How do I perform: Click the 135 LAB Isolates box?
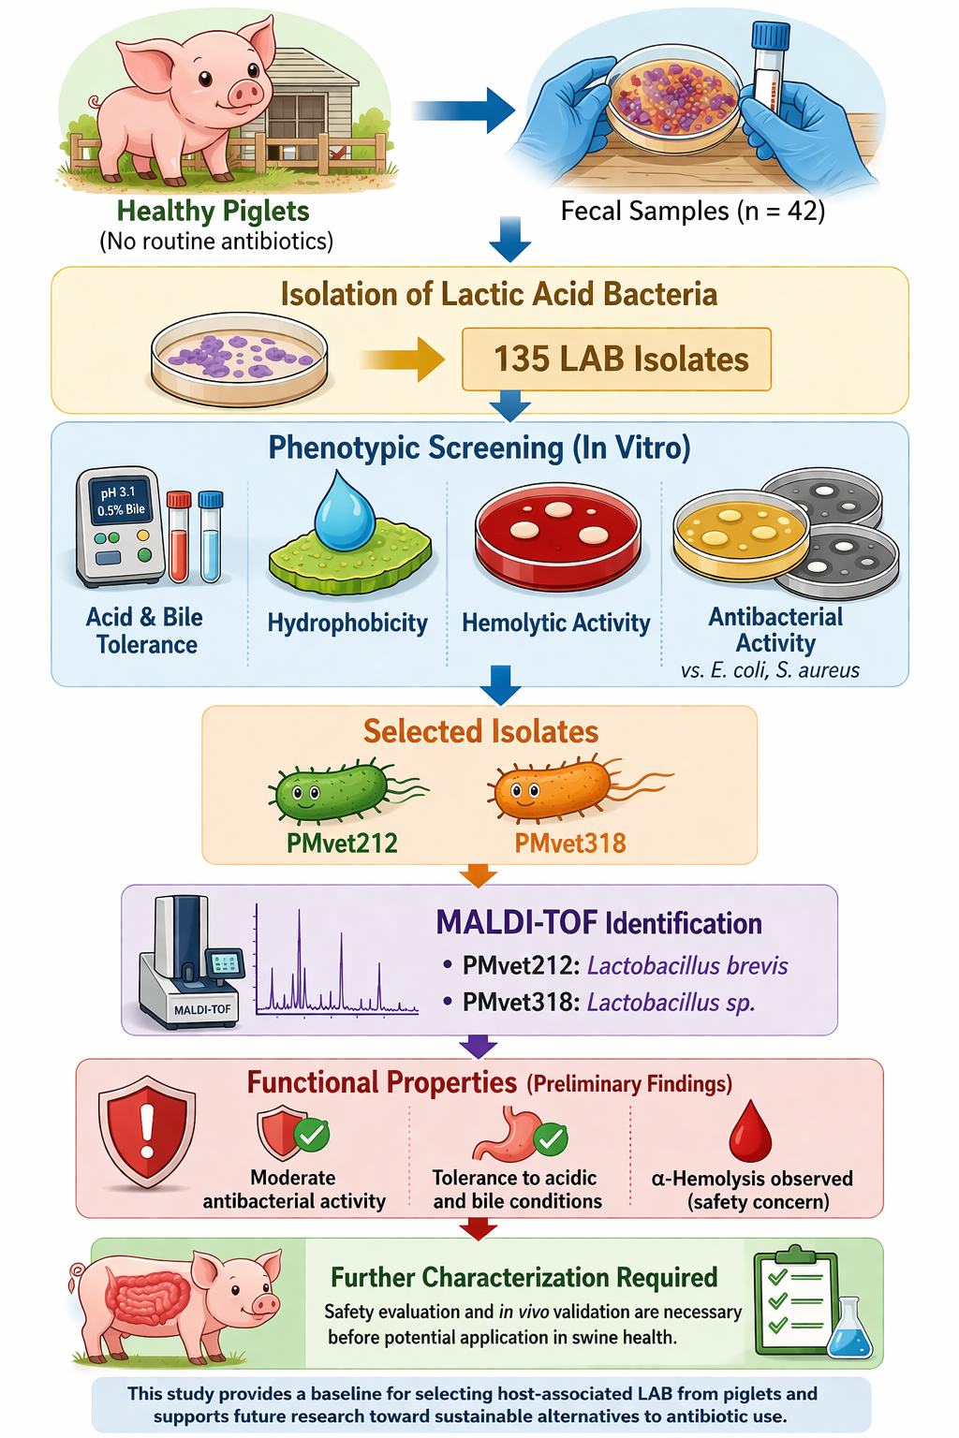tap(616, 359)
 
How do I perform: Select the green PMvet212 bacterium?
tap(333, 791)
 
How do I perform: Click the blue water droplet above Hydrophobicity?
tap(345, 510)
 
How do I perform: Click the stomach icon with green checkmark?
tap(510, 1135)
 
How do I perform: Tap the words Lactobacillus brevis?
tap(687, 965)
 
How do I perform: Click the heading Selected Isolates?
tap(480, 731)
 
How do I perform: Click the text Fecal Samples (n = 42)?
tap(692, 211)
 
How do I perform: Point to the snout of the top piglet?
tap(246, 93)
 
